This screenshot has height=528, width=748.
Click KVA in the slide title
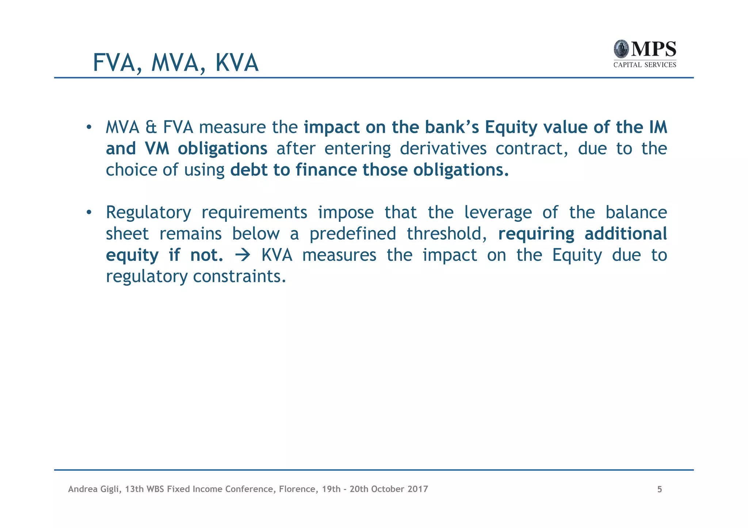tap(237, 63)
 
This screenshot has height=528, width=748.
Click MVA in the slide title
tap(175, 63)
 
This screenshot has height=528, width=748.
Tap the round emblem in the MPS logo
tap(621, 49)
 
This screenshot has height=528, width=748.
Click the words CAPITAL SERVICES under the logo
tap(645, 65)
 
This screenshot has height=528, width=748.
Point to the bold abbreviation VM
tap(157, 149)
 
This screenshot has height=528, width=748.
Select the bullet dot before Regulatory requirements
tap(88, 212)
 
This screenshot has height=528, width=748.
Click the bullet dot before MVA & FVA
tap(88, 127)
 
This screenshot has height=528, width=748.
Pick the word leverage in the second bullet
tap(498, 212)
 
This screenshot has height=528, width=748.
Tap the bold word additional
tap(626, 234)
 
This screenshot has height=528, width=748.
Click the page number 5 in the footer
tap(660, 489)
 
